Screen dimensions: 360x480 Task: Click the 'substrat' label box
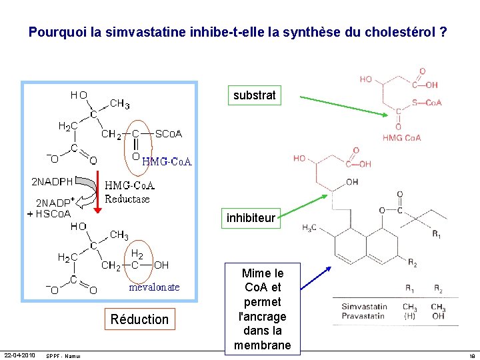pyautogui.click(x=255, y=95)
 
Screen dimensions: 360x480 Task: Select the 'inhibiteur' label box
pyautogui.click(x=251, y=218)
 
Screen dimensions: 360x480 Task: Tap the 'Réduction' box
pyautogui.click(x=139, y=319)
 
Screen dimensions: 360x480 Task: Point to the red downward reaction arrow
pyautogui.click(x=97, y=193)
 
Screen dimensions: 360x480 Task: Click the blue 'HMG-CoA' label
pyautogui.click(x=167, y=161)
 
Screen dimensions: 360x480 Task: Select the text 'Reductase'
pyautogui.click(x=127, y=199)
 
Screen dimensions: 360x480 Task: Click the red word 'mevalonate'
pyautogui.click(x=154, y=287)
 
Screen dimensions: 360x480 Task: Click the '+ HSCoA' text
pyautogui.click(x=48, y=214)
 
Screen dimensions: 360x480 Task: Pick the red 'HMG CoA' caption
pyautogui.click(x=401, y=138)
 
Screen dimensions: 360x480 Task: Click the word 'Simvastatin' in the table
pyautogui.click(x=364, y=307)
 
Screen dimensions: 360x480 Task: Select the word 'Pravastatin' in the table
pyautogui.click(x=364, y=315)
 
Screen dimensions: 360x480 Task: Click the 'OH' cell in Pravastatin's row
pyautogui.click(x=437, y=315)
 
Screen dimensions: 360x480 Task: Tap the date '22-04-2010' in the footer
pyautogui.click(x=20, y=355)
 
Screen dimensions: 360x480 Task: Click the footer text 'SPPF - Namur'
pyautogui.click(x=63, y=355)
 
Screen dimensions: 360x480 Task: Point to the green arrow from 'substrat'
pyautogui.click(x=343, y=107)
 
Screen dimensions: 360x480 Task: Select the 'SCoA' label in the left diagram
pyautogui.click(x=169, y=134)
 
